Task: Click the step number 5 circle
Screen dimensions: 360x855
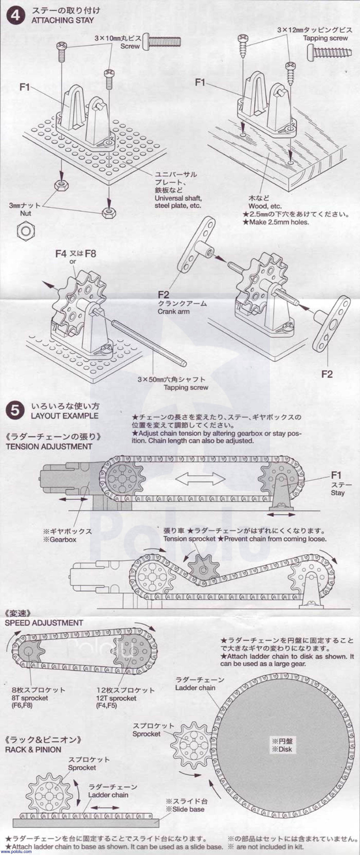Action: [x=15, y=411]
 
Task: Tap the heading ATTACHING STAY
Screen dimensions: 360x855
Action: [x=63, y=20]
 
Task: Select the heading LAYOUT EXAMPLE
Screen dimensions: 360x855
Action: [x=64, y=416]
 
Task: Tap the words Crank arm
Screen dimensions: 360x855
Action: [x=174, y=311]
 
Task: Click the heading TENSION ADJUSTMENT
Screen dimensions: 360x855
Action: [x=49, y=446]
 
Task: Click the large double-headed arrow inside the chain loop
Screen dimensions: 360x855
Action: [x=200, y=480]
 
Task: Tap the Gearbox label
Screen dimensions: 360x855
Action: [x=60, y=539]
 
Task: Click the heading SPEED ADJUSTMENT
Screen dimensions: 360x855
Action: [x=44, y=623]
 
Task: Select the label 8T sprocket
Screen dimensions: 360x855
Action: [x=30, y=698]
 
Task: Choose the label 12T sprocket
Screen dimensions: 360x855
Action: [x=116, y=698]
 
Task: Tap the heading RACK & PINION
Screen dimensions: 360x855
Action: [x=33, y=750]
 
